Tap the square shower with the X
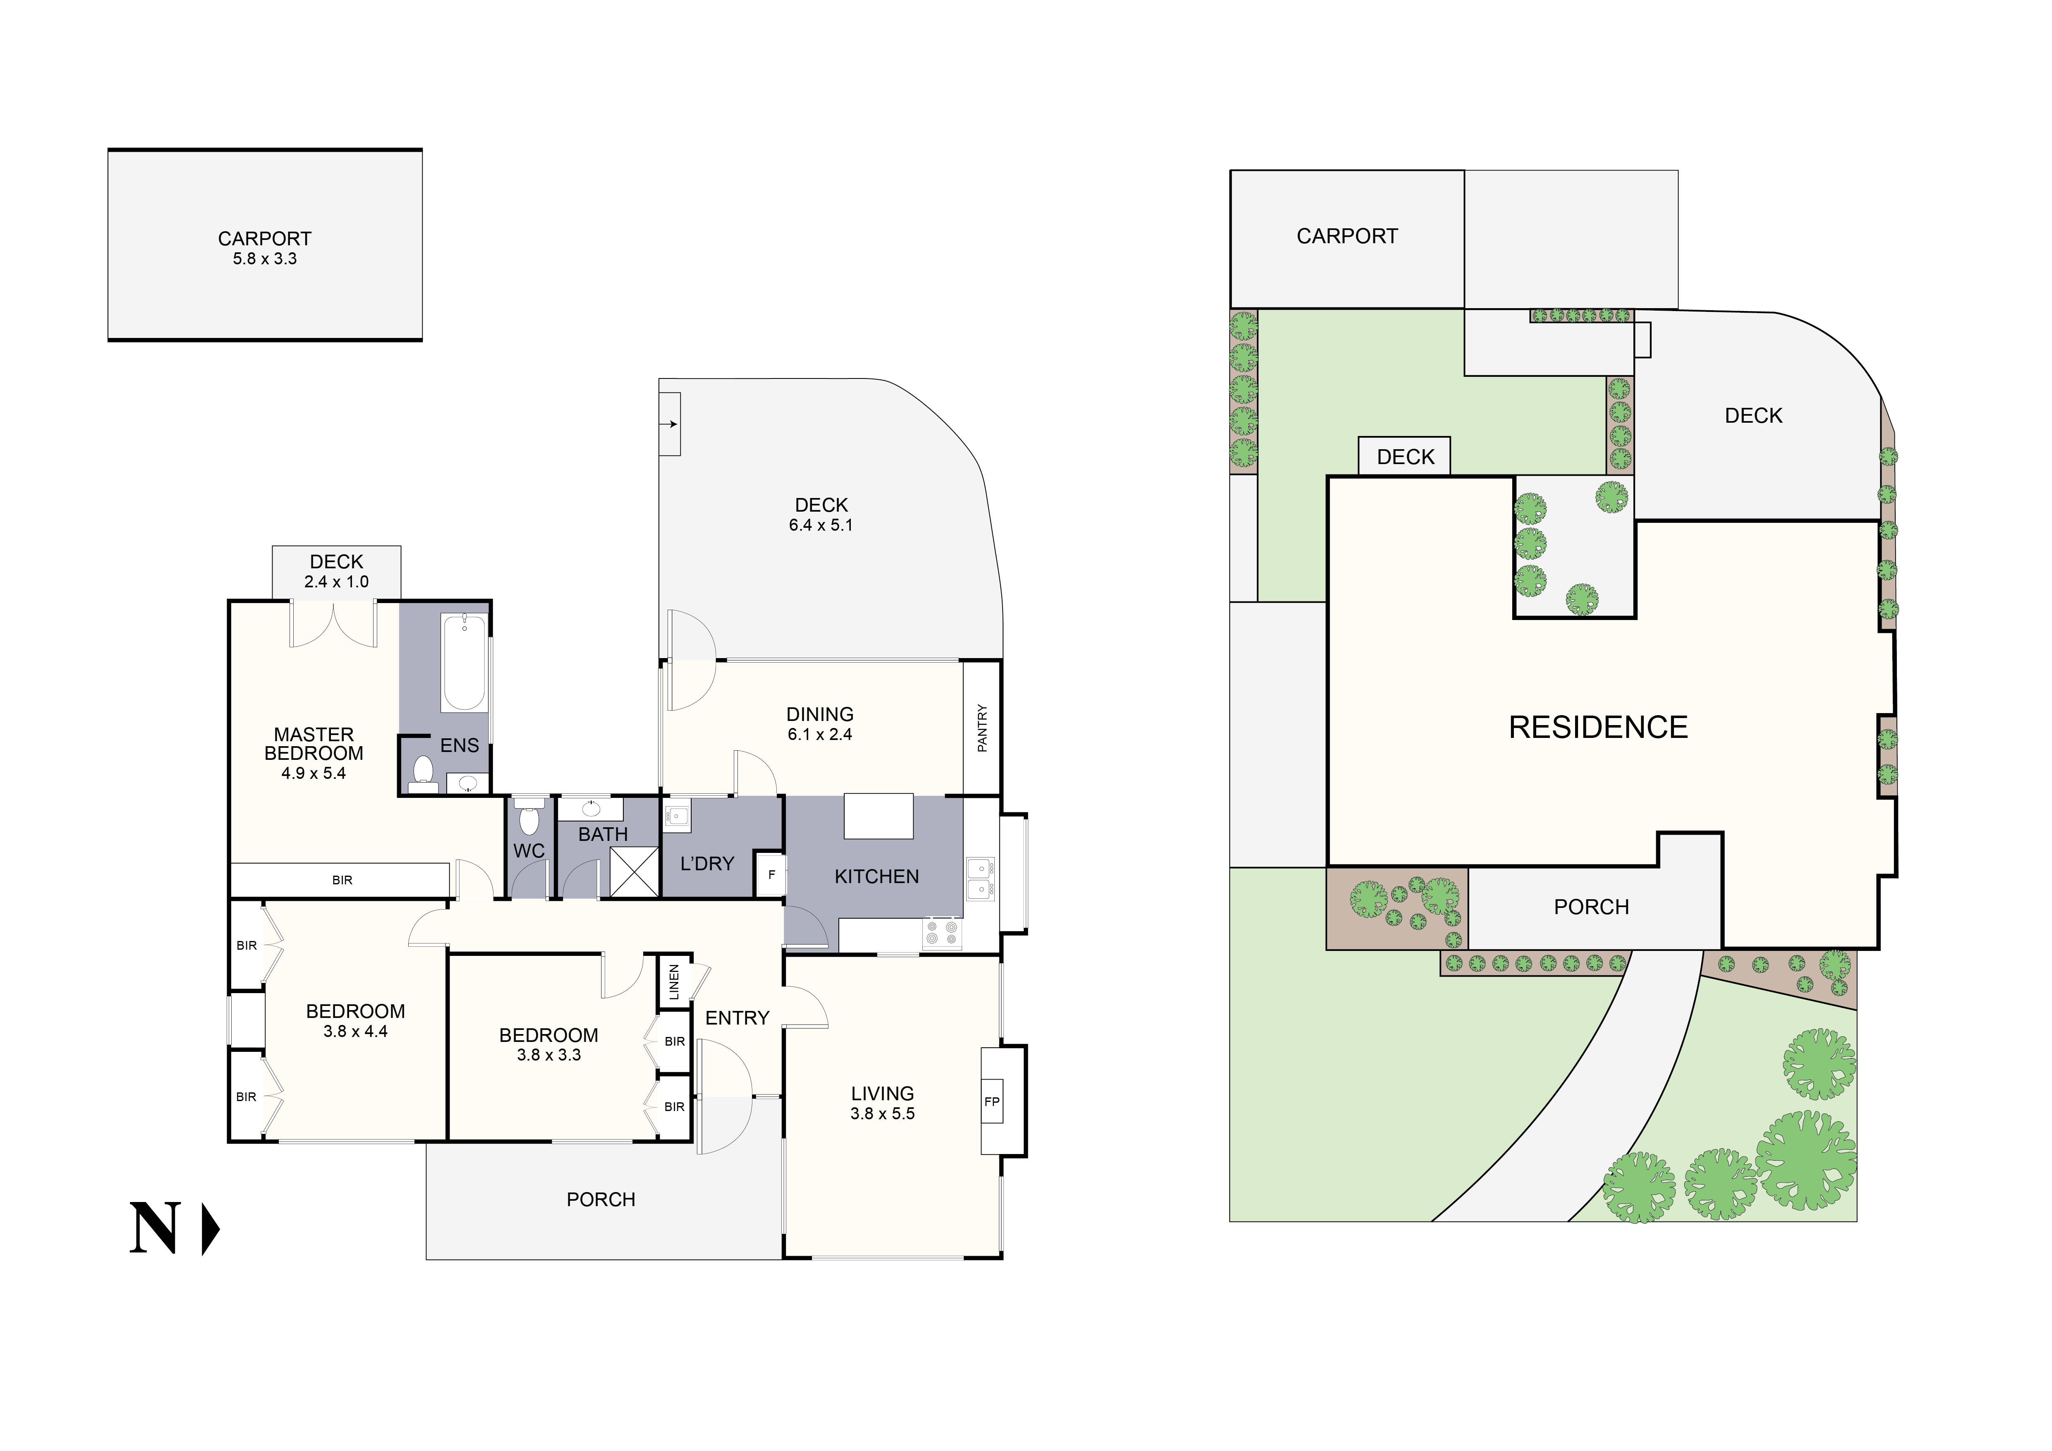click(x=634, y=871)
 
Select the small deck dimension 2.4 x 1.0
click(x=336, y=582)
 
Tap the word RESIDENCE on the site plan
click(x=1598, y=727)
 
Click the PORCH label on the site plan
click(x=1591, y=907)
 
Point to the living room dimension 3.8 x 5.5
click(x=882, y=1113)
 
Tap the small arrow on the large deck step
click(x=673, y=424)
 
